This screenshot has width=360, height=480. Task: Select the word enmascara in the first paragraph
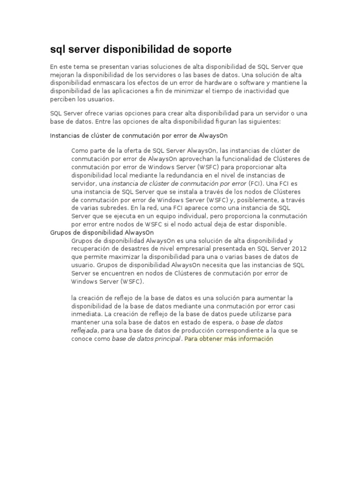pos(105,83)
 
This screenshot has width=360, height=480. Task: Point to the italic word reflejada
pos(84,330)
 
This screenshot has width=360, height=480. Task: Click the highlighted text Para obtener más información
pos(229,339)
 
